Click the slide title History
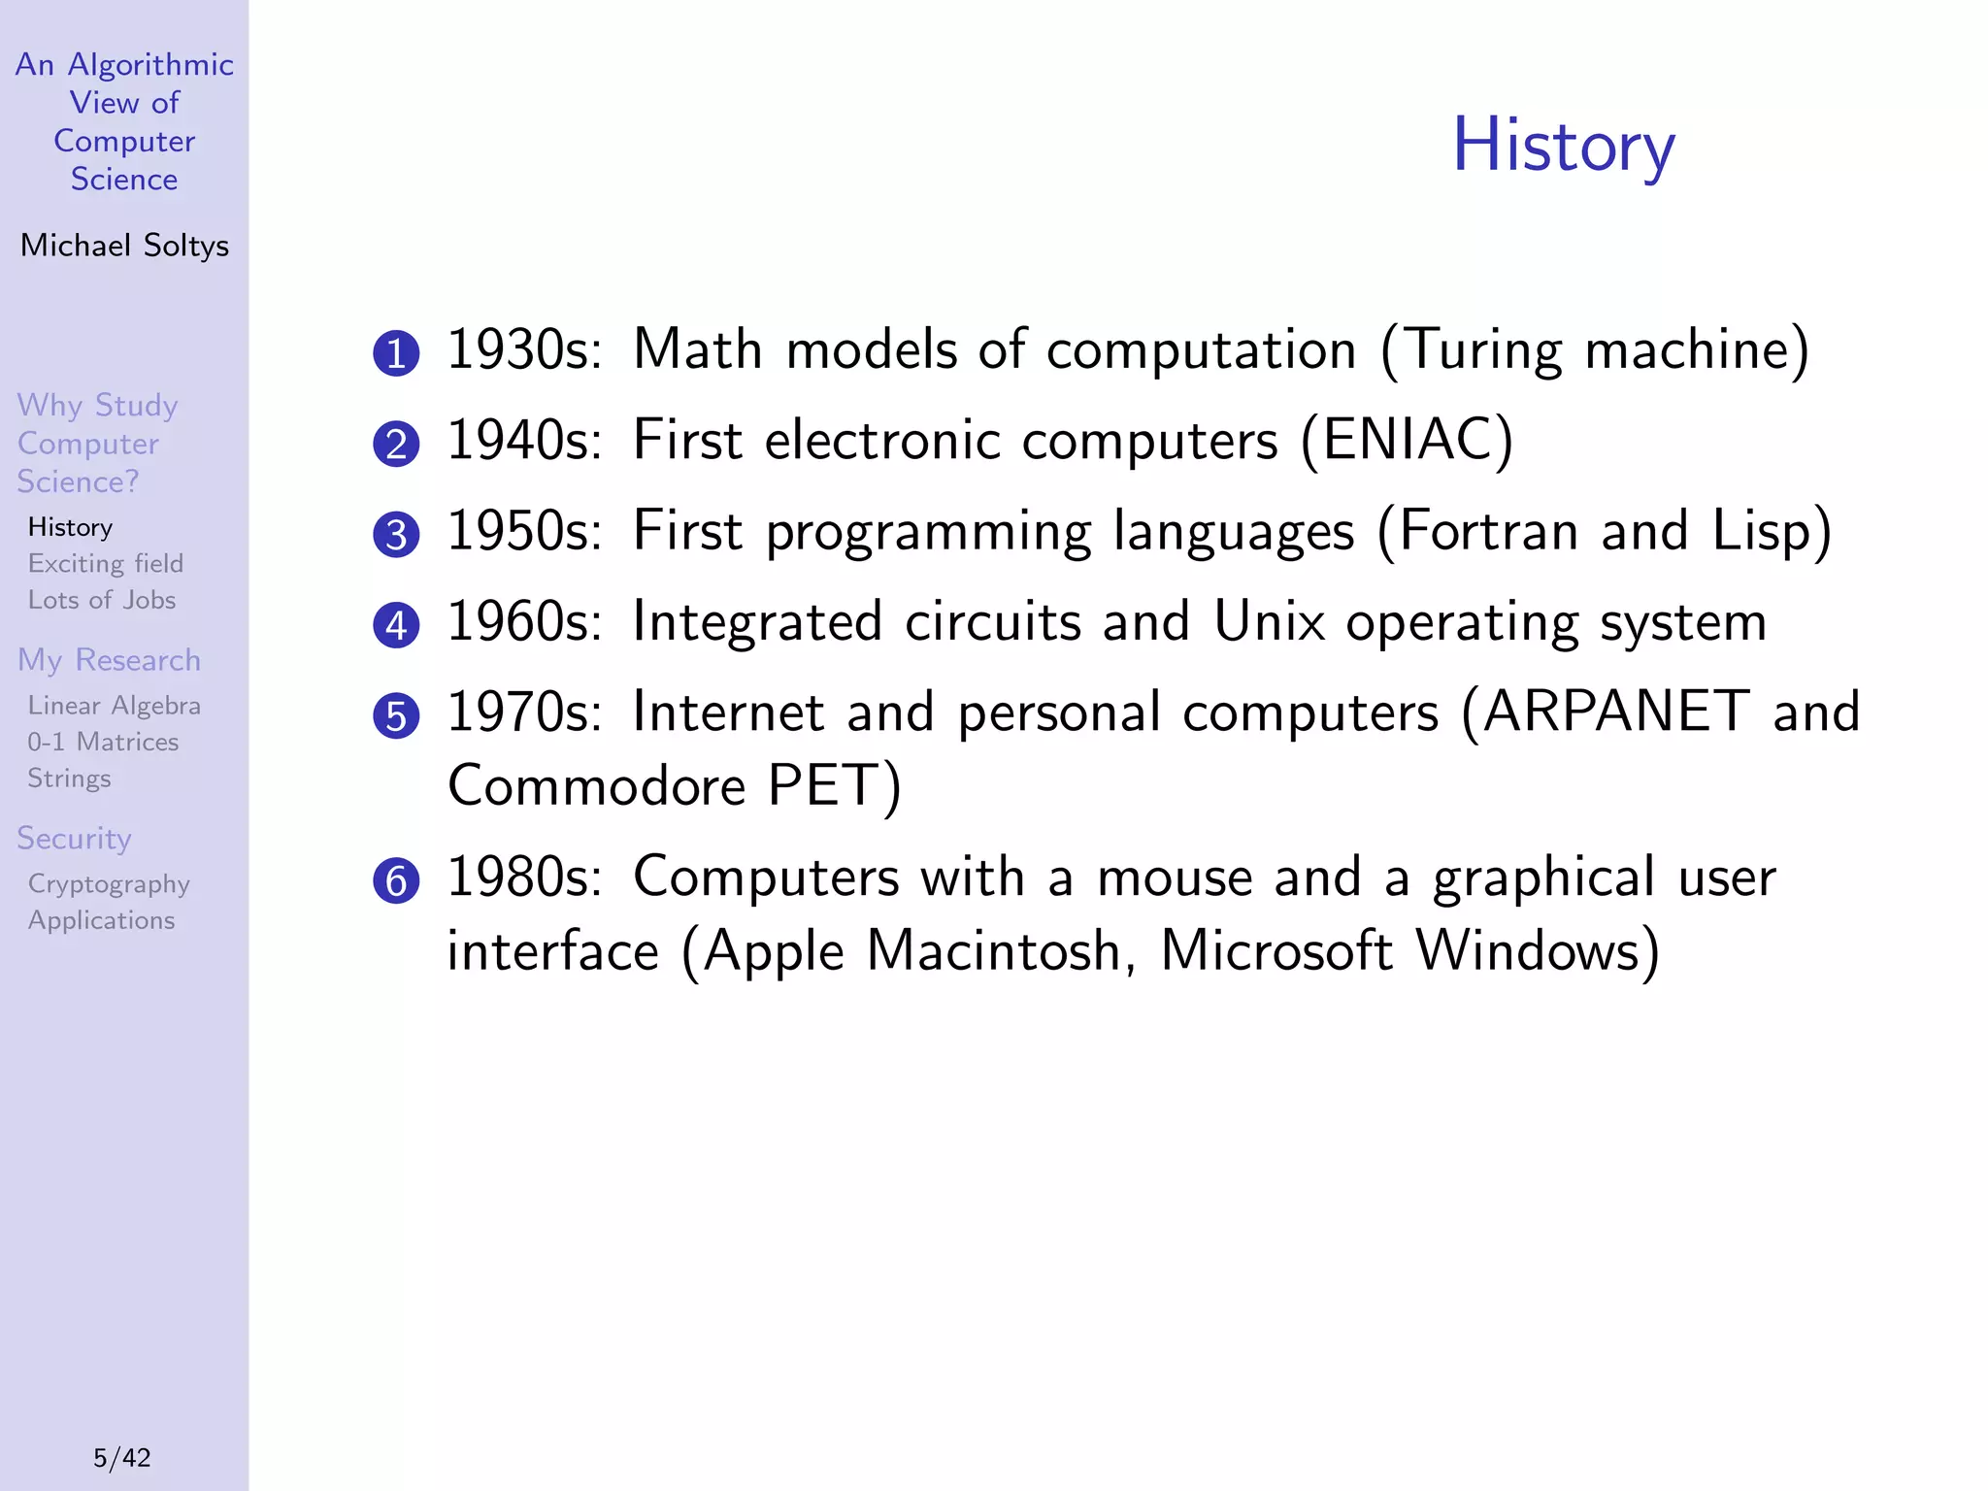(1563, 146)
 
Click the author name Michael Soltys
(124, 246)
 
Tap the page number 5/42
(122, 1457)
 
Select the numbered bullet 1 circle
(396, 353)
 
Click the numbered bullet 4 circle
(396, 625)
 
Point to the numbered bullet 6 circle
(396, 881)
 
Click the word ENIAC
(1406, 440)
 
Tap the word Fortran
(1488, 531)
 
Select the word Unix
(1268, 621)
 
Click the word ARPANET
(1616, 712)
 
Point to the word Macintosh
(995, 950)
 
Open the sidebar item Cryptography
(109, 884)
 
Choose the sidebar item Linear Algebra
(115, 706)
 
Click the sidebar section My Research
(109, 660)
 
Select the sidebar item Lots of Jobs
(102, 600)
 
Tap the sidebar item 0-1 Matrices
(103, 742)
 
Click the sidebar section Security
(74, 838)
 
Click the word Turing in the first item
(1483, 349)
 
